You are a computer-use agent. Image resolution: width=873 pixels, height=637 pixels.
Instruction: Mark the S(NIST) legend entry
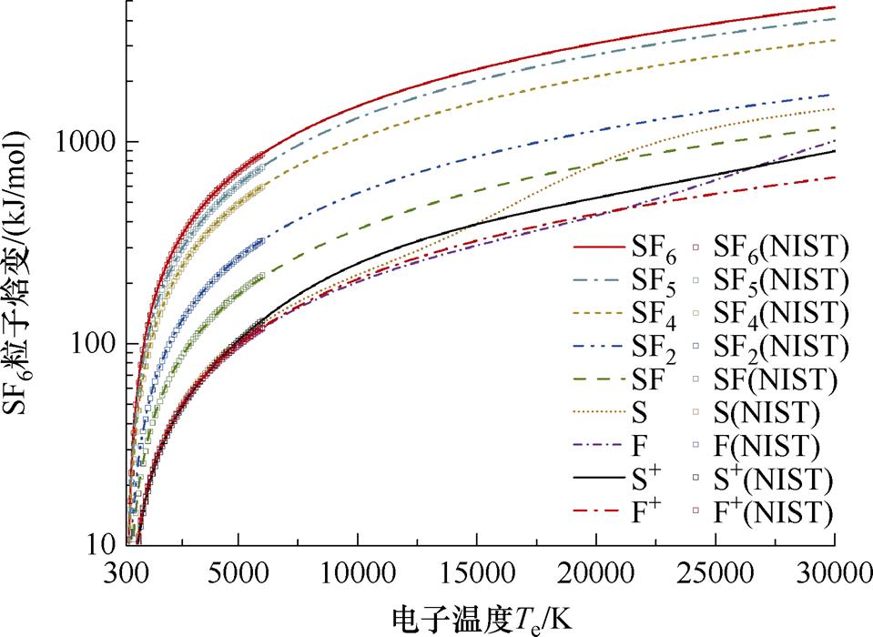click(x=767, y=414)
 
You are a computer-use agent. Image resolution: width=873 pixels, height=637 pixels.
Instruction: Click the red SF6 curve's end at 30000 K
click(x=835, y=7)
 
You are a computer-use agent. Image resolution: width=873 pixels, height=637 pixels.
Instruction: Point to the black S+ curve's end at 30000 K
click(x=835, y=151)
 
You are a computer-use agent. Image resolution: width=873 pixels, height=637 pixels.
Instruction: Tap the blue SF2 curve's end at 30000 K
click(x=831, y=95)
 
